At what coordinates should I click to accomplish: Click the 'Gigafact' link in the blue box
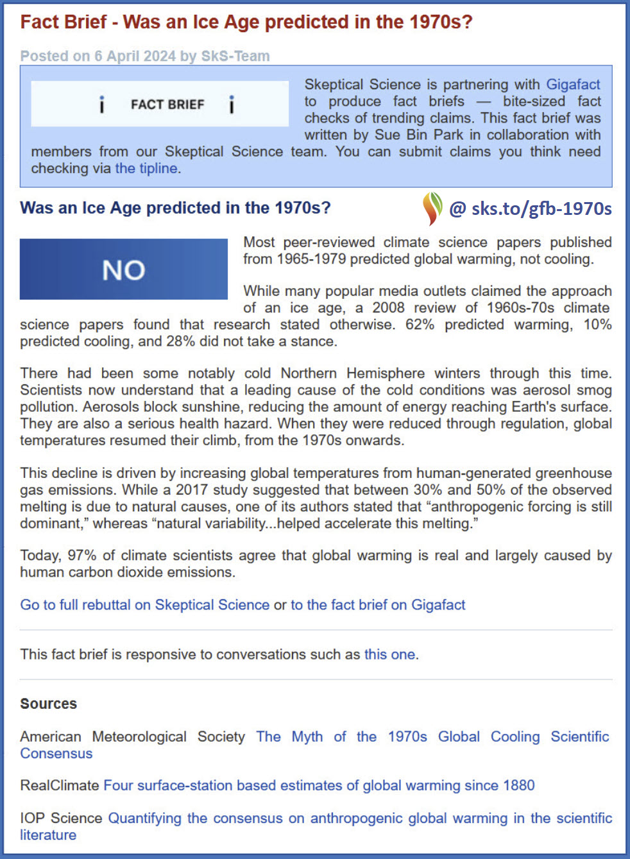coord(573,85)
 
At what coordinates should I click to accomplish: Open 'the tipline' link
coord(146,168)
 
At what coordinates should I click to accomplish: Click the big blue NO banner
coord(124,269)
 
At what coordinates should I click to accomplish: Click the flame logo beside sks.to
coord(432,208)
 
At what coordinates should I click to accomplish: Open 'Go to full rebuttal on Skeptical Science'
coord(145,604)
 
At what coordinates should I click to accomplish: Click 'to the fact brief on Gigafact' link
coord(378,604)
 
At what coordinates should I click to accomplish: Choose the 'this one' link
coord(390,654)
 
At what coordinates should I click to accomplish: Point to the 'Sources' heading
coord(49,704)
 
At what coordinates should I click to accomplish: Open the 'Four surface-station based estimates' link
coord(319,785)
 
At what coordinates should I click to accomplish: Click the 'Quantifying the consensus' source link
coord(359,818)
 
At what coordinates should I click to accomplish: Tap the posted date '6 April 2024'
coord(135,56)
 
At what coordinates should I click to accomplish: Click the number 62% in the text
coord(420,325)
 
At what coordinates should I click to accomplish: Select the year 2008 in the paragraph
coord(388,308)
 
